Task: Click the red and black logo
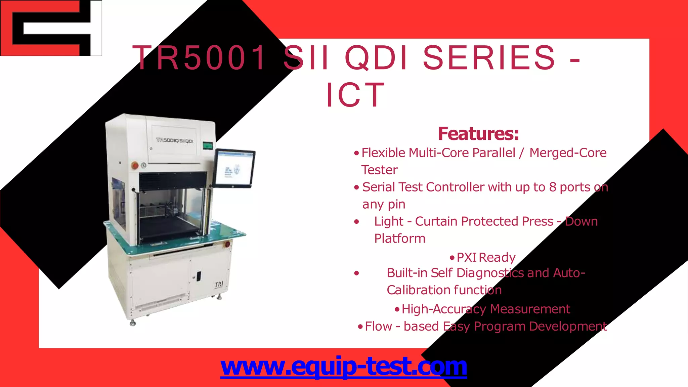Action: point(50,28)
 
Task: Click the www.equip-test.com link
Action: point(343,367)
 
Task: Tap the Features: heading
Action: point(478,134)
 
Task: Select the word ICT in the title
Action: point(355,95)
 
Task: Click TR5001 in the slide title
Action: point(200,58)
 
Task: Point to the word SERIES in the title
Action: point(489,58)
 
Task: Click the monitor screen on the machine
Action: point(235,168)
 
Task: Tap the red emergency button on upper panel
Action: point(135,165)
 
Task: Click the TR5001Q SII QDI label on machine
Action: point(175,140)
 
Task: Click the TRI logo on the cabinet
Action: point(219,285)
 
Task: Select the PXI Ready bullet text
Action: point(486,258)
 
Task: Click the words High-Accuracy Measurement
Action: point(486,309)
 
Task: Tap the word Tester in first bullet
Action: point(379,170)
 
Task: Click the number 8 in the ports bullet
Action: point(553,187)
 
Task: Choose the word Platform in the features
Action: point(400,239)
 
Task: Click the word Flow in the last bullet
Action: point(378,326)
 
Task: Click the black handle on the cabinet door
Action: point(198,276)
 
